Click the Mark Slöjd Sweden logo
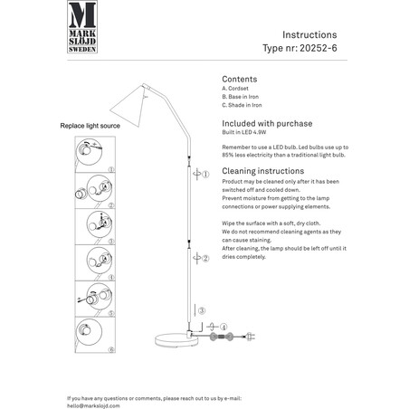coord(82,27)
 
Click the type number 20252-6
coord(319,48)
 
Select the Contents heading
coord(240,79)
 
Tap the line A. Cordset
coord(235,89)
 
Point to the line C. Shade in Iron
coord(242,105)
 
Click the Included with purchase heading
coord(267,123)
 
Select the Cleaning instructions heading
coord(263,171)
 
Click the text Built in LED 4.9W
coord(244,132)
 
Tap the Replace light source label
coord(90,126)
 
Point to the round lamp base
coord(176,339)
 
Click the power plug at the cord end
coord(251,337)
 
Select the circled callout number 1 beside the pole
coord(205,175)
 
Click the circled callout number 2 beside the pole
coord(205,258)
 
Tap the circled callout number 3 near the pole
coord(202,310)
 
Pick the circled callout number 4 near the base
coord(224,327)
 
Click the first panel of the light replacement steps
coord(95,155)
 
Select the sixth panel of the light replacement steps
coord(95,335)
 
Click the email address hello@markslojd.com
coord(93,405)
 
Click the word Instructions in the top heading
coord(309,34)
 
